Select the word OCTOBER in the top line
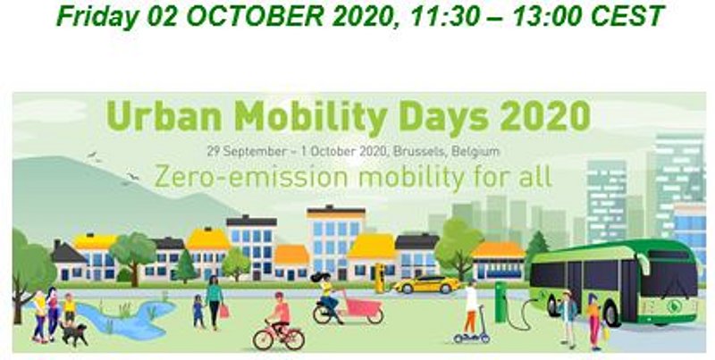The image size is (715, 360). [257, 16]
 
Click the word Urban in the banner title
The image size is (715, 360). [165, 116]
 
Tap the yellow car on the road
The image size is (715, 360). [427, 284]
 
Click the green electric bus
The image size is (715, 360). [614, 281]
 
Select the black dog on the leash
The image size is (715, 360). [74, 334]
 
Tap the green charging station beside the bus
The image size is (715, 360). [501, 302]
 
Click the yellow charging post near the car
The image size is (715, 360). [379, 278]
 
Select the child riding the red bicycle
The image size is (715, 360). [280, 313]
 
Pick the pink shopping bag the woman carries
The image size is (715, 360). [224, 311]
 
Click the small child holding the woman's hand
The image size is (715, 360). [198, 311]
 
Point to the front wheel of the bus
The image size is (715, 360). [610, 314]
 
